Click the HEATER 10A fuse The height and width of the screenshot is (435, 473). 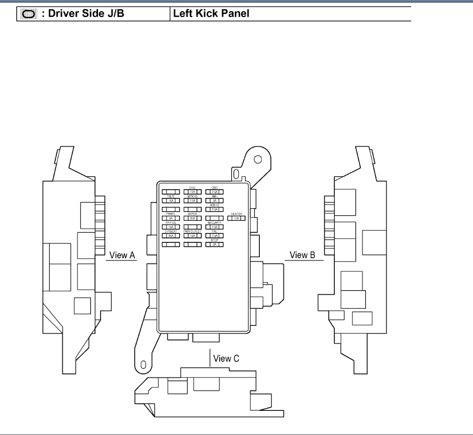[236, 218]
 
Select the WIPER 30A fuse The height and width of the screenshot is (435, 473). [192, 218]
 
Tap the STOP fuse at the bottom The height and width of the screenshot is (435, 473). [214, 244]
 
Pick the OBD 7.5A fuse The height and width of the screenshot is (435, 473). [214, 192]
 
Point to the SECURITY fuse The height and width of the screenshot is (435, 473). [214, 227]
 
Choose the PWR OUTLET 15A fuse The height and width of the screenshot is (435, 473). [192, 235]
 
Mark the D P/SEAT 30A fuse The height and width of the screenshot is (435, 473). [170, 235]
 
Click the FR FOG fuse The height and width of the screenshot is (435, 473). [170, 227]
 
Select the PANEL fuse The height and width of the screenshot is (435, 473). [170, 218]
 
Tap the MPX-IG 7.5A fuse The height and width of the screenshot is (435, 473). [192, 201]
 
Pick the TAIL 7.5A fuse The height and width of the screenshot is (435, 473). [214, 235]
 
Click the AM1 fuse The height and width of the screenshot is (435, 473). [214, 201]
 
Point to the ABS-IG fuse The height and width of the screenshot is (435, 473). [214, 210]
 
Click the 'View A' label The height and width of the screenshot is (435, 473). [122, 255]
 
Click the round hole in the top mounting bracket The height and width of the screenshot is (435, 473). [257, 159]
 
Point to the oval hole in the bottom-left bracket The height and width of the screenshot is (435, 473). [143, 364]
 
